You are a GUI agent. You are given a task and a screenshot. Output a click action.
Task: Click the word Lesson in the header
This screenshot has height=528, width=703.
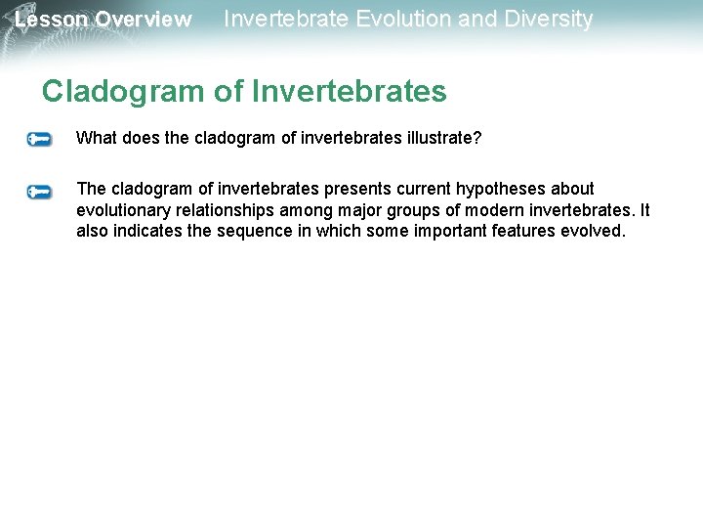tap(51, 20)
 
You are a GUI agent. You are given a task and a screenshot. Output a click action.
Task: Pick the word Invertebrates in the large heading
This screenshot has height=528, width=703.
tap(349, 92)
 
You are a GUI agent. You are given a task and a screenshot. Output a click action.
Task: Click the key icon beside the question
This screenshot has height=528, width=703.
tap(40, 140)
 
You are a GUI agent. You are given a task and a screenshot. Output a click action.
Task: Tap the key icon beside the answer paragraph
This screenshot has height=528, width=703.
tap(40, 192)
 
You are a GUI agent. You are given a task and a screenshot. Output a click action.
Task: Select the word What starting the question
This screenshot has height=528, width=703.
tap(96, 138)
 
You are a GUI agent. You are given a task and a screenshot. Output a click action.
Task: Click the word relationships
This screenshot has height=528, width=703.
tap(223, 210)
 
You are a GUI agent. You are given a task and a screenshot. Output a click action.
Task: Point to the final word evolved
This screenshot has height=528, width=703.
tap(600, 232)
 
